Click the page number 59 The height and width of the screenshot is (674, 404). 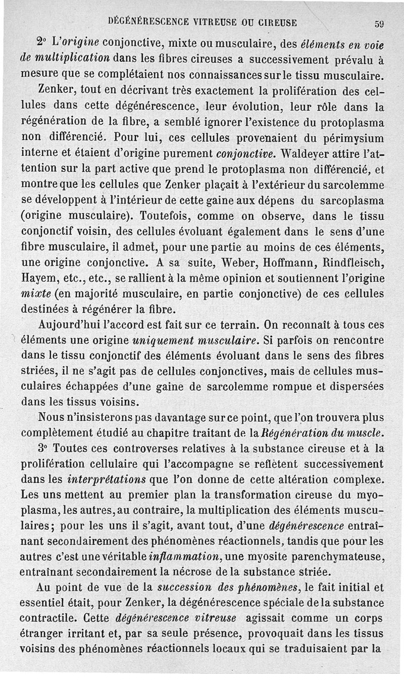[x=380, y=22]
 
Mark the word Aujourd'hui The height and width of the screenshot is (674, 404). [x=71, y=324]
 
